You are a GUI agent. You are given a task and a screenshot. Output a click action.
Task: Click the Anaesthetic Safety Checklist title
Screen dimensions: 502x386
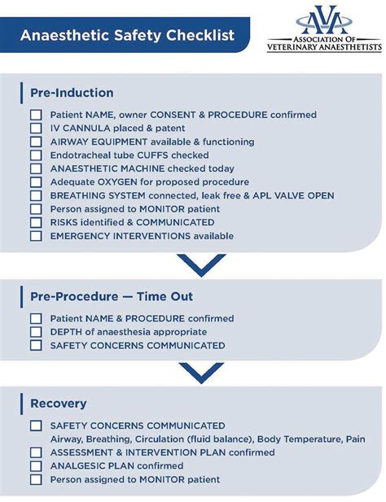[127, 36]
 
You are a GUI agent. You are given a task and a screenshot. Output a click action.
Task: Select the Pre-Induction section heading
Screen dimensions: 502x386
[72, 93]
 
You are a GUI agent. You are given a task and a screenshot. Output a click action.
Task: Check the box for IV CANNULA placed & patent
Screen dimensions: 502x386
[36, 129]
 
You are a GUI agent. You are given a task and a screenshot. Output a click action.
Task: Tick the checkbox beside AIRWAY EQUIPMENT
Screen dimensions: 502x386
[36, 142]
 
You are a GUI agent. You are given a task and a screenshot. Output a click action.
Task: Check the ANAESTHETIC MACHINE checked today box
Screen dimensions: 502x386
[36, 168]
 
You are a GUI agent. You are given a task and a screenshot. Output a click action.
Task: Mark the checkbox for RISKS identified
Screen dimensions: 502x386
[36, 222]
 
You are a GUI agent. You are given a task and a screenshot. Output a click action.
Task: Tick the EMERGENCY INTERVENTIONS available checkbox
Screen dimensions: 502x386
[36, 236]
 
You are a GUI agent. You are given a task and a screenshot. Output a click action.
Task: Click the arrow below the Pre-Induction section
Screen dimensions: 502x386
[200, 265]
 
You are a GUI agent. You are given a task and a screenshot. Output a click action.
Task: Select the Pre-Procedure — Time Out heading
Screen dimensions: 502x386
[111, 297]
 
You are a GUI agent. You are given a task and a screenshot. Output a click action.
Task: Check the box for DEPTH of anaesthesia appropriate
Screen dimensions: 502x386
[36, 332]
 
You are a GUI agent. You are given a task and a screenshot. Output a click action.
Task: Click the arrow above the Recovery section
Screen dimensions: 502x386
[200, 373]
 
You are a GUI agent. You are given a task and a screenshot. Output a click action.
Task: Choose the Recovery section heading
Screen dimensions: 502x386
[58, 404]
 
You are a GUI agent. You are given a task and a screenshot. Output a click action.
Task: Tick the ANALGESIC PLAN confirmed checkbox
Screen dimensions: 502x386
[36, 466]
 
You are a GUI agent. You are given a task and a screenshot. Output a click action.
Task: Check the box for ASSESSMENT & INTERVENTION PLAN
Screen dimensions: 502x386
[36, 452]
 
